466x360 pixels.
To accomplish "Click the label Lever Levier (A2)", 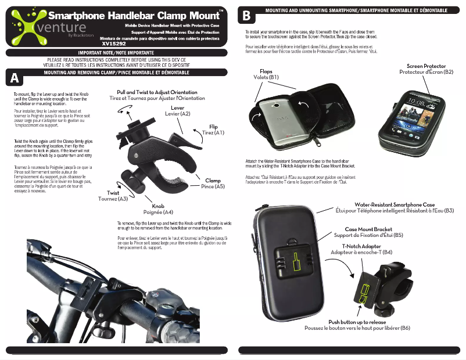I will pos(177,111).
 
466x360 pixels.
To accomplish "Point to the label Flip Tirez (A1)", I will pos(213,129).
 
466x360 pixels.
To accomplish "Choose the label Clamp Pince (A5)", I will pos(213,184).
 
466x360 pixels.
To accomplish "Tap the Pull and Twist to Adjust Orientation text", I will pos(157,95).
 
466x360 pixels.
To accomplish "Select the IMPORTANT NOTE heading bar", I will pos(116,53).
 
